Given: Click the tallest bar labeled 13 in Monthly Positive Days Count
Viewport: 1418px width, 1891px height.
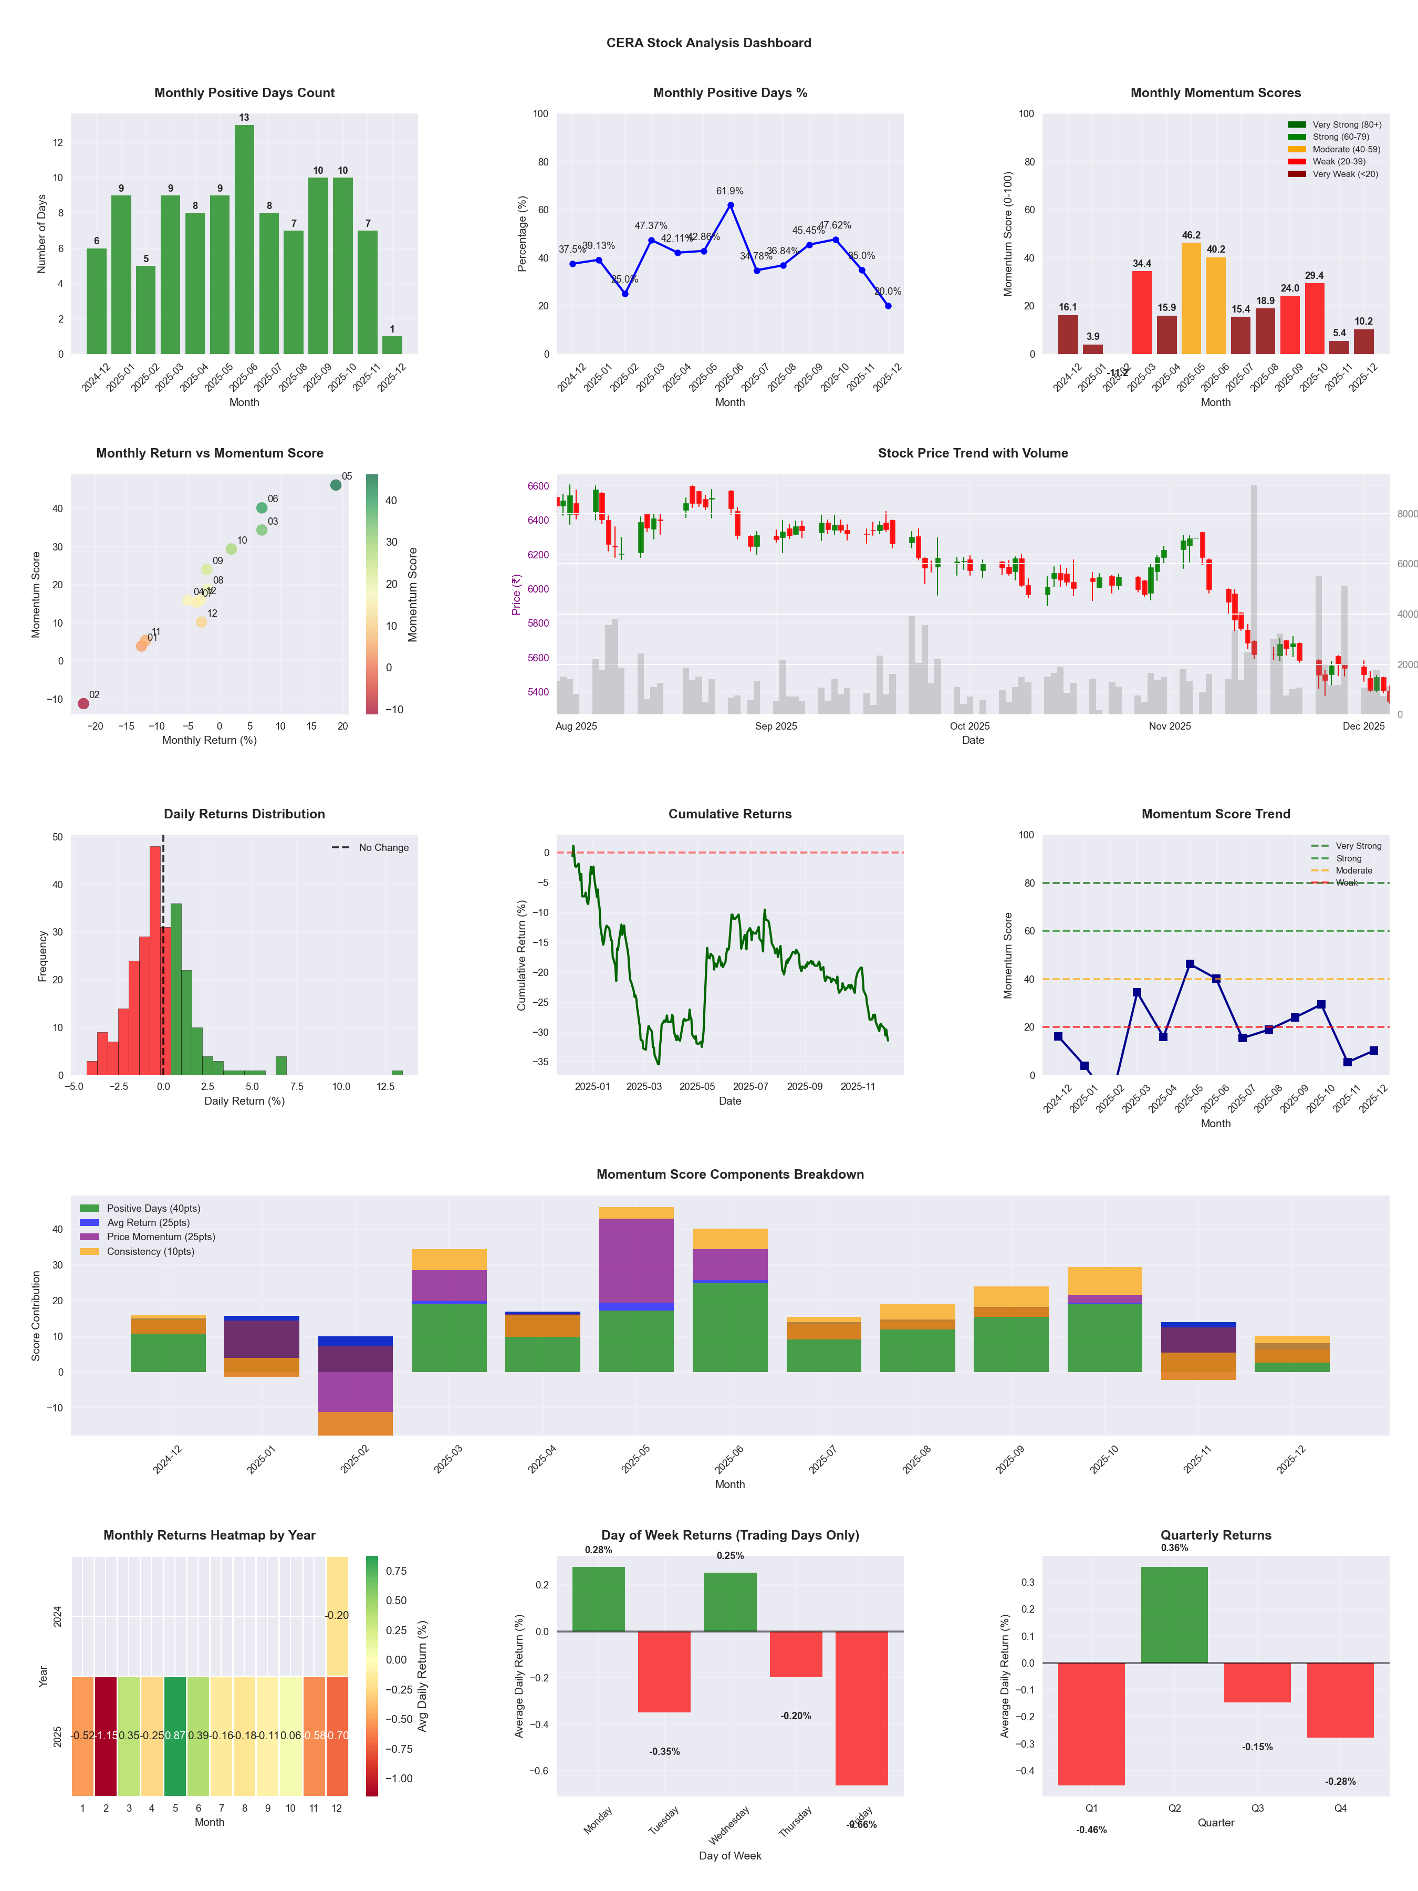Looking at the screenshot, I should point(244,240).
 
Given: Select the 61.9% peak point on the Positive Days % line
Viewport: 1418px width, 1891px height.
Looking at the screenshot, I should point(730,205).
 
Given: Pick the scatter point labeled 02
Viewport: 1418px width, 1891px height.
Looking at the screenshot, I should point(84,703).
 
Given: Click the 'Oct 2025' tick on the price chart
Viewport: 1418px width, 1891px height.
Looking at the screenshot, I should point(969,726).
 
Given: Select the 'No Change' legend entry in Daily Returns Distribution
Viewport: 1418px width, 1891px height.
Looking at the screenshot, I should point(383,848).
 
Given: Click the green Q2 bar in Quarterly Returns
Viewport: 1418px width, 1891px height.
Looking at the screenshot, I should point(1174,1614).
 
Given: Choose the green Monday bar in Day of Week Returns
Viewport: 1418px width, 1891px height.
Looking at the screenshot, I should point(598,1598).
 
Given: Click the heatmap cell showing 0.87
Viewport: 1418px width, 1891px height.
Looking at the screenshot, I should point(175,1736).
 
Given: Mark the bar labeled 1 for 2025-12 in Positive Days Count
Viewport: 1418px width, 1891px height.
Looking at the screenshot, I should point(392,346).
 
